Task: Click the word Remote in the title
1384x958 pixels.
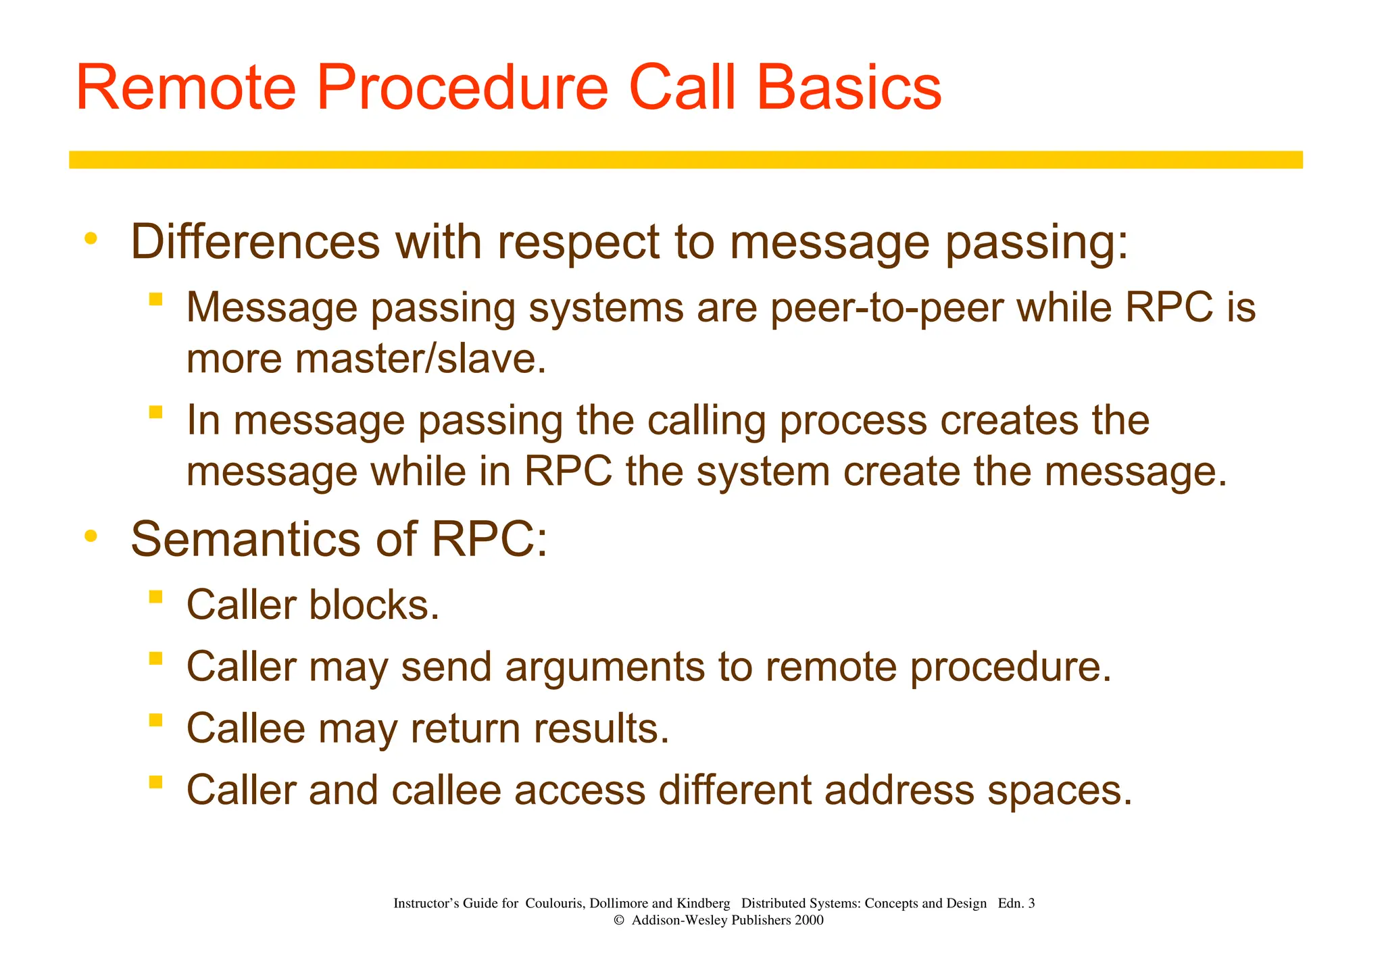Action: tap(186, 88)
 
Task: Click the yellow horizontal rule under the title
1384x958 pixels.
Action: tap(685, 159)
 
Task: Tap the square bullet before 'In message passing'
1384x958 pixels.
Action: tap(156, 411)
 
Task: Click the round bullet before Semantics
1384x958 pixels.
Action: tap(91, 536)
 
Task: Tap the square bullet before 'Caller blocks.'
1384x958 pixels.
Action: tap(156, 597)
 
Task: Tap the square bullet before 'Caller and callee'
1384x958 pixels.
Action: tap(156, 782)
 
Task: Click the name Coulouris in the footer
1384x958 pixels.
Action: tap(555, 903)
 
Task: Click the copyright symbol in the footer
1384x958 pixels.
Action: tap(618, 920)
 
